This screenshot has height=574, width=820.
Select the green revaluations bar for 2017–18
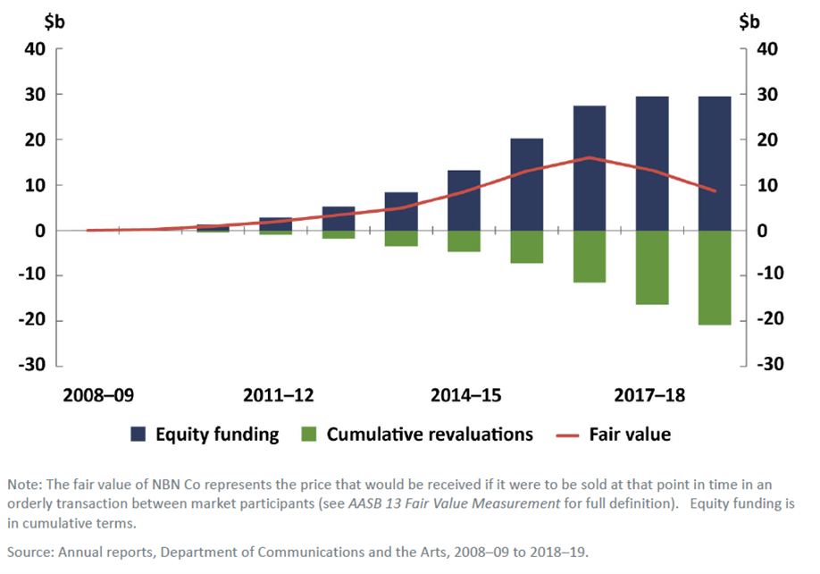[x=652, y=267]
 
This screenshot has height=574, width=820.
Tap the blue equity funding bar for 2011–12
[x=276, y=224]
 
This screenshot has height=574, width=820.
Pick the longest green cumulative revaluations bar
[x=715, y=277]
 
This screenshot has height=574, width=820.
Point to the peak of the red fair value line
[x=590, y=157]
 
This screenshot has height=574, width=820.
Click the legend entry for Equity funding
[x=217, y=435]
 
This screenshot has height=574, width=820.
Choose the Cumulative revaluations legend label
[x=430, y=435]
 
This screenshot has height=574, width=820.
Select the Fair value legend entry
[x=630, y=435]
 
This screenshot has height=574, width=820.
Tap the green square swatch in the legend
[x=308, y=435]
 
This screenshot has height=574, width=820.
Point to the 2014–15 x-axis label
[x=464, y=395]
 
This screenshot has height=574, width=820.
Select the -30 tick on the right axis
[x=771, y=365]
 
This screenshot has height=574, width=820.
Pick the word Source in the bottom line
[x=29, y=552]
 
